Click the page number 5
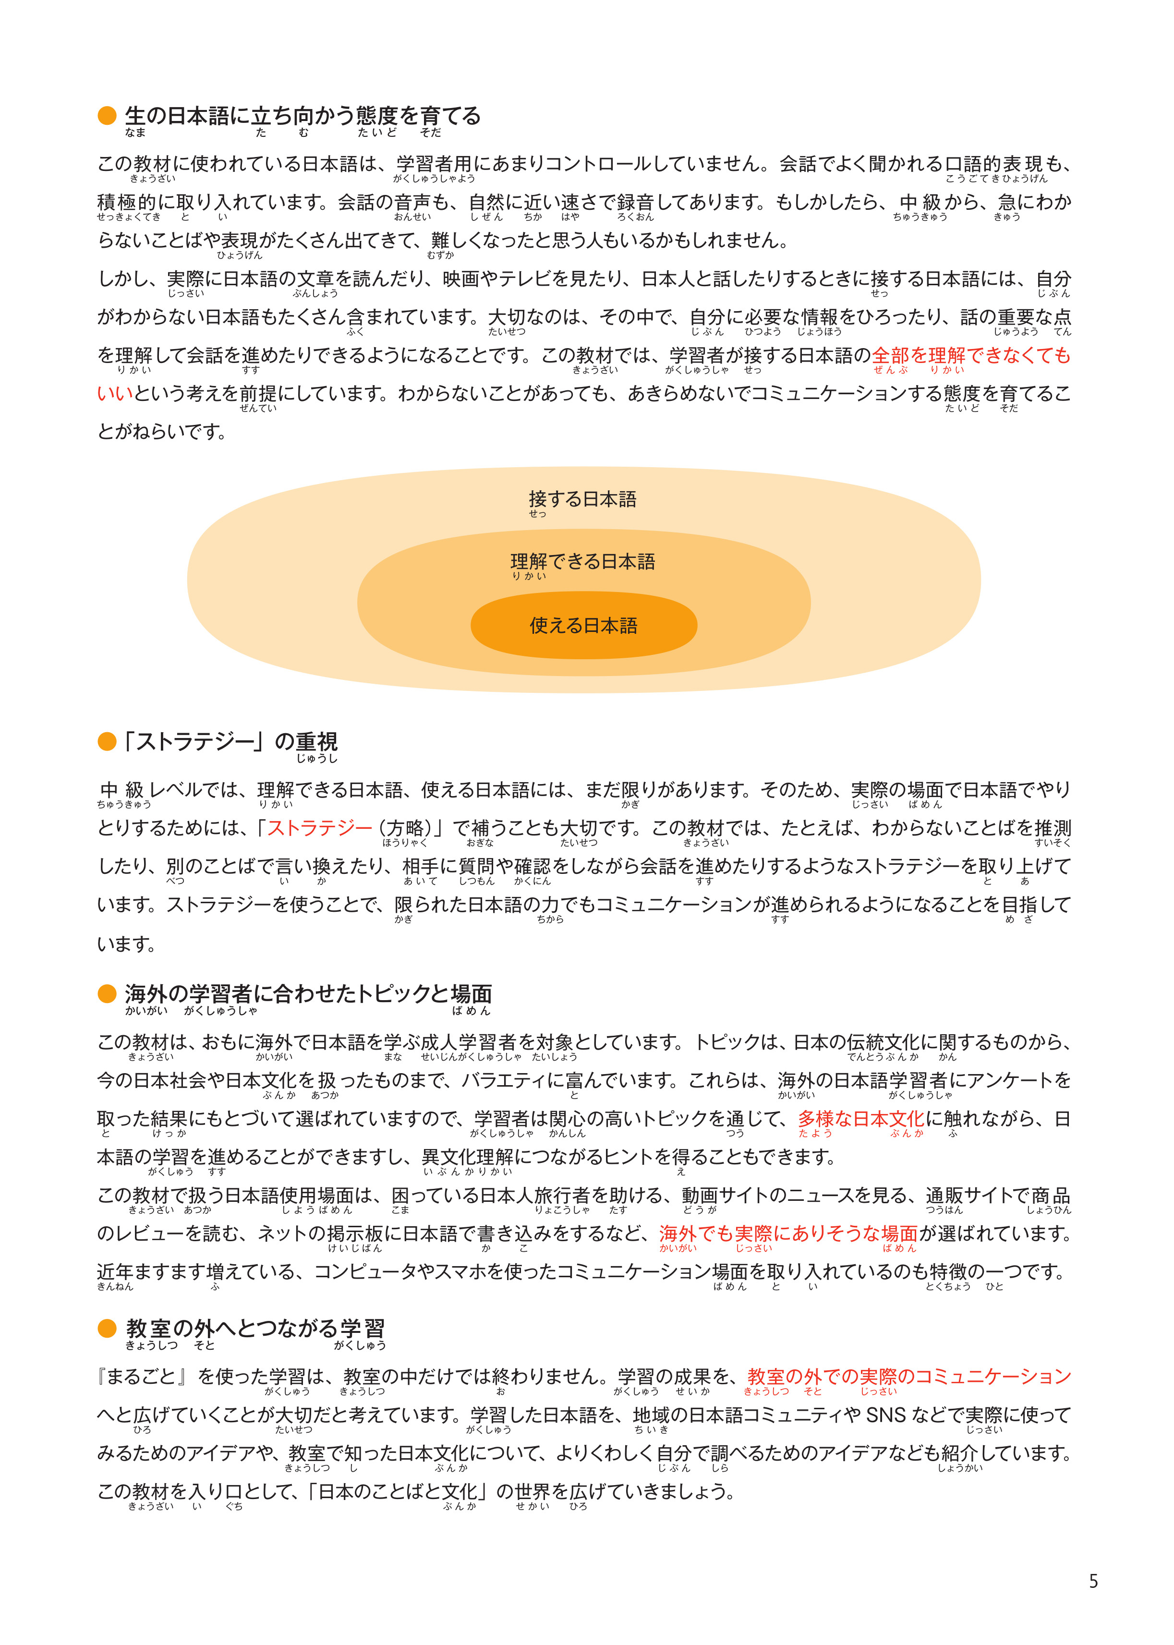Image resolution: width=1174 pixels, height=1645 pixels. tap(1093, 1582)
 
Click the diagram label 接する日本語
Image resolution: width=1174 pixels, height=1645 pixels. tap(582, 499)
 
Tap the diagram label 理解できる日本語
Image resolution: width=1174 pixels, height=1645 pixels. tap(582, 562)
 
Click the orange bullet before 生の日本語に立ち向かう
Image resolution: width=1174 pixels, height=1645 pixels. tap(107, 116)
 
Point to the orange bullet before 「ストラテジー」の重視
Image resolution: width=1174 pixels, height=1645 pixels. tap(107, 741)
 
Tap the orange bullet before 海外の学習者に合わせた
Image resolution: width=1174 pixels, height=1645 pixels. tap(107, 994)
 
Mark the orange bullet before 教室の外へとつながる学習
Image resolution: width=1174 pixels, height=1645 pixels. tap(107, 1329)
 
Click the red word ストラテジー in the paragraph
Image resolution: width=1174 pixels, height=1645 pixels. tap(319, 828)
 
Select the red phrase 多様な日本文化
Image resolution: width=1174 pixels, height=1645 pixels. tap(860, 1119)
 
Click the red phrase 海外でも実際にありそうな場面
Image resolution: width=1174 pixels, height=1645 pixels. tap(788, 1234)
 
